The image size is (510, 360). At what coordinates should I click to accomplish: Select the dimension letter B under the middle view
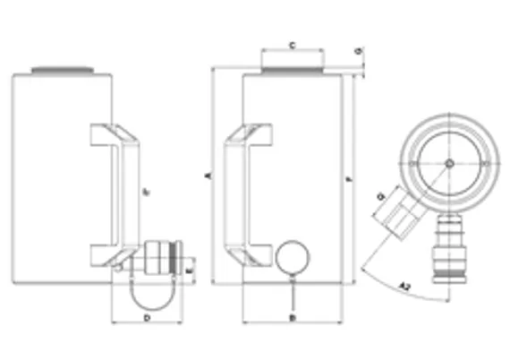[293, 317]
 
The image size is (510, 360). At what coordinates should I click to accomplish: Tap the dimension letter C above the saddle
[293, 43]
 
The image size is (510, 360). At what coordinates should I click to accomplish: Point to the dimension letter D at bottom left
[147, 317]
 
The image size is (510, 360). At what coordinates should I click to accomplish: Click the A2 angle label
[405, 287]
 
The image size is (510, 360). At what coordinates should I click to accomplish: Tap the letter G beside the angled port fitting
[382, 196]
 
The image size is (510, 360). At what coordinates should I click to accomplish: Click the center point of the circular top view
[449, 163]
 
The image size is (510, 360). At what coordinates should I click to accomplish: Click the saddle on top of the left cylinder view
[61, 70]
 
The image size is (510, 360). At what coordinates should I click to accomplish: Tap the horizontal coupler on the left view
[161, 259]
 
